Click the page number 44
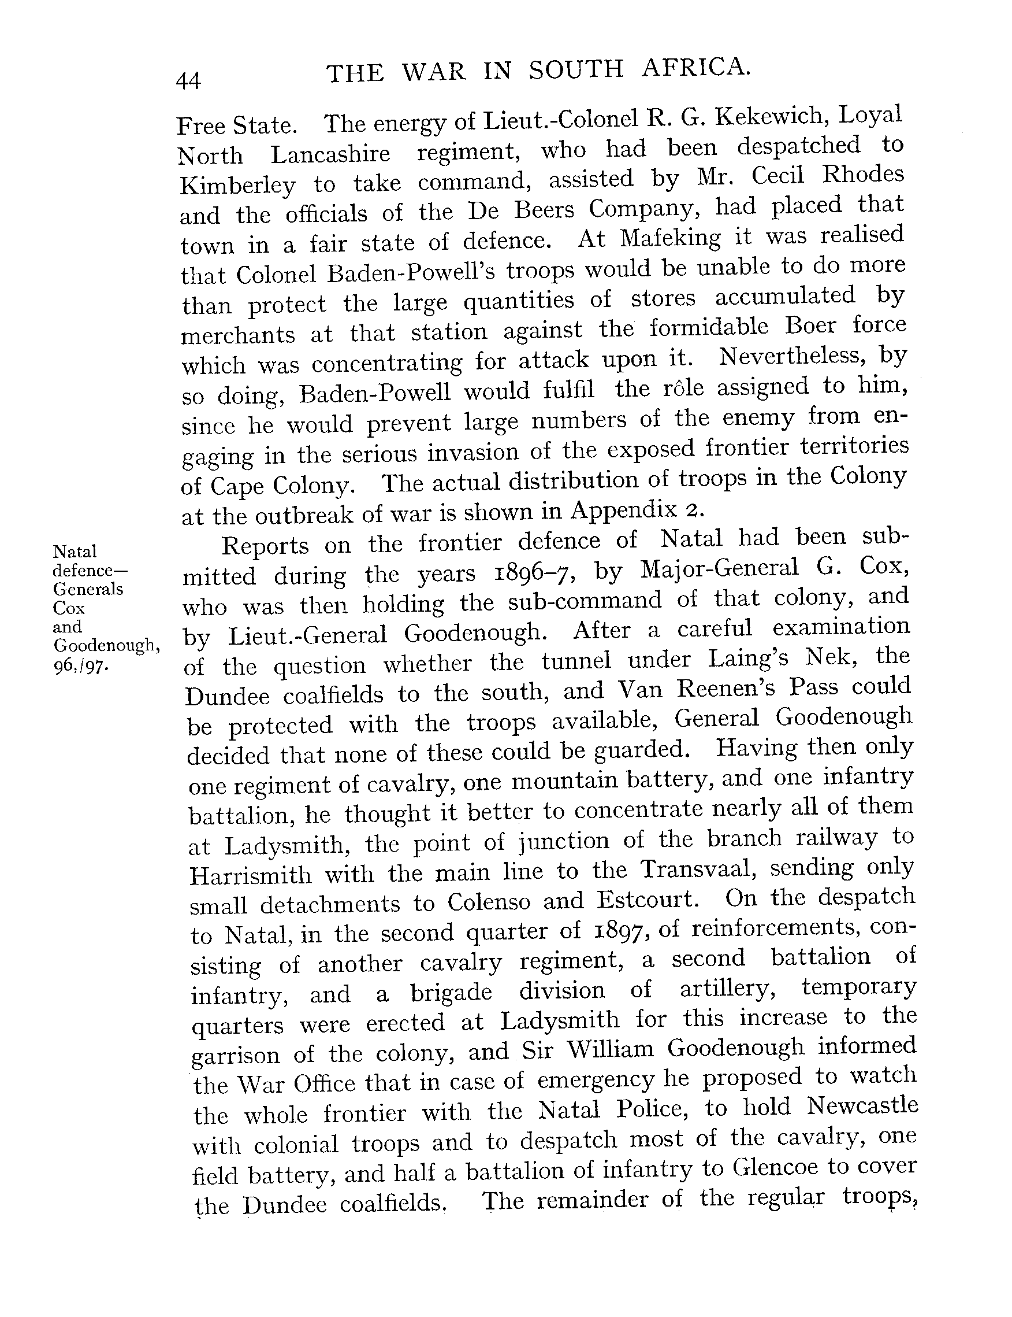tap(188, 80)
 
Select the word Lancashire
tap(330, 154)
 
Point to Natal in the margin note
tap(75, 552)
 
